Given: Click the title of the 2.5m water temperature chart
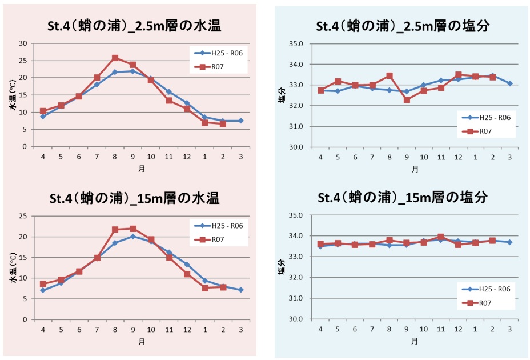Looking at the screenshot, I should tap(134, 26).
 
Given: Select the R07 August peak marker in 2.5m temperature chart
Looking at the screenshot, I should tap(115, 58).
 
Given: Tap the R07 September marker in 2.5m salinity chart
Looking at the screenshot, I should tap(407, 100).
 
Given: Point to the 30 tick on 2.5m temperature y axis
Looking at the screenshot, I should tap(23, 43).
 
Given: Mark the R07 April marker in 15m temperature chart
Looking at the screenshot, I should tap(43, 284).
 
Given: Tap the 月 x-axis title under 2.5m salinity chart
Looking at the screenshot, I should tap(415, 169).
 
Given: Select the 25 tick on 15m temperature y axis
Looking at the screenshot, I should tap(23, 216).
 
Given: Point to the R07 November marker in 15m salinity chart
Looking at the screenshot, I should tap(441, 237).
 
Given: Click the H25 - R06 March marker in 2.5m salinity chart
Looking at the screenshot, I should tap(509, 83).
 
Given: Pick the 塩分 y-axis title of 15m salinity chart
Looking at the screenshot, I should tap(282, 267).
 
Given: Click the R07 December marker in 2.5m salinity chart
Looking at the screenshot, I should tap(458, 75).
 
